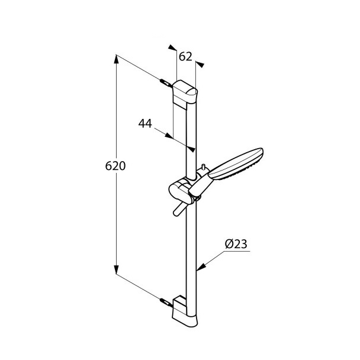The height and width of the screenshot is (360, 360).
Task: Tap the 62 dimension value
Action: (x=185, y=57)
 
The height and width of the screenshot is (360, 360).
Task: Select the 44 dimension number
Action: (x=146, y=123)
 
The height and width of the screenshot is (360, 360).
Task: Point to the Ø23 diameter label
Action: (x=236, y=243)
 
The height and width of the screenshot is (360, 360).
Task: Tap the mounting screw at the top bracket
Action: (x=165, y=82)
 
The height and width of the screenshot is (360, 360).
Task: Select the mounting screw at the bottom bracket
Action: (x=165, y=301)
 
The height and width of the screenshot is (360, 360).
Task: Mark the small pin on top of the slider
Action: (x=202, y=169)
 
